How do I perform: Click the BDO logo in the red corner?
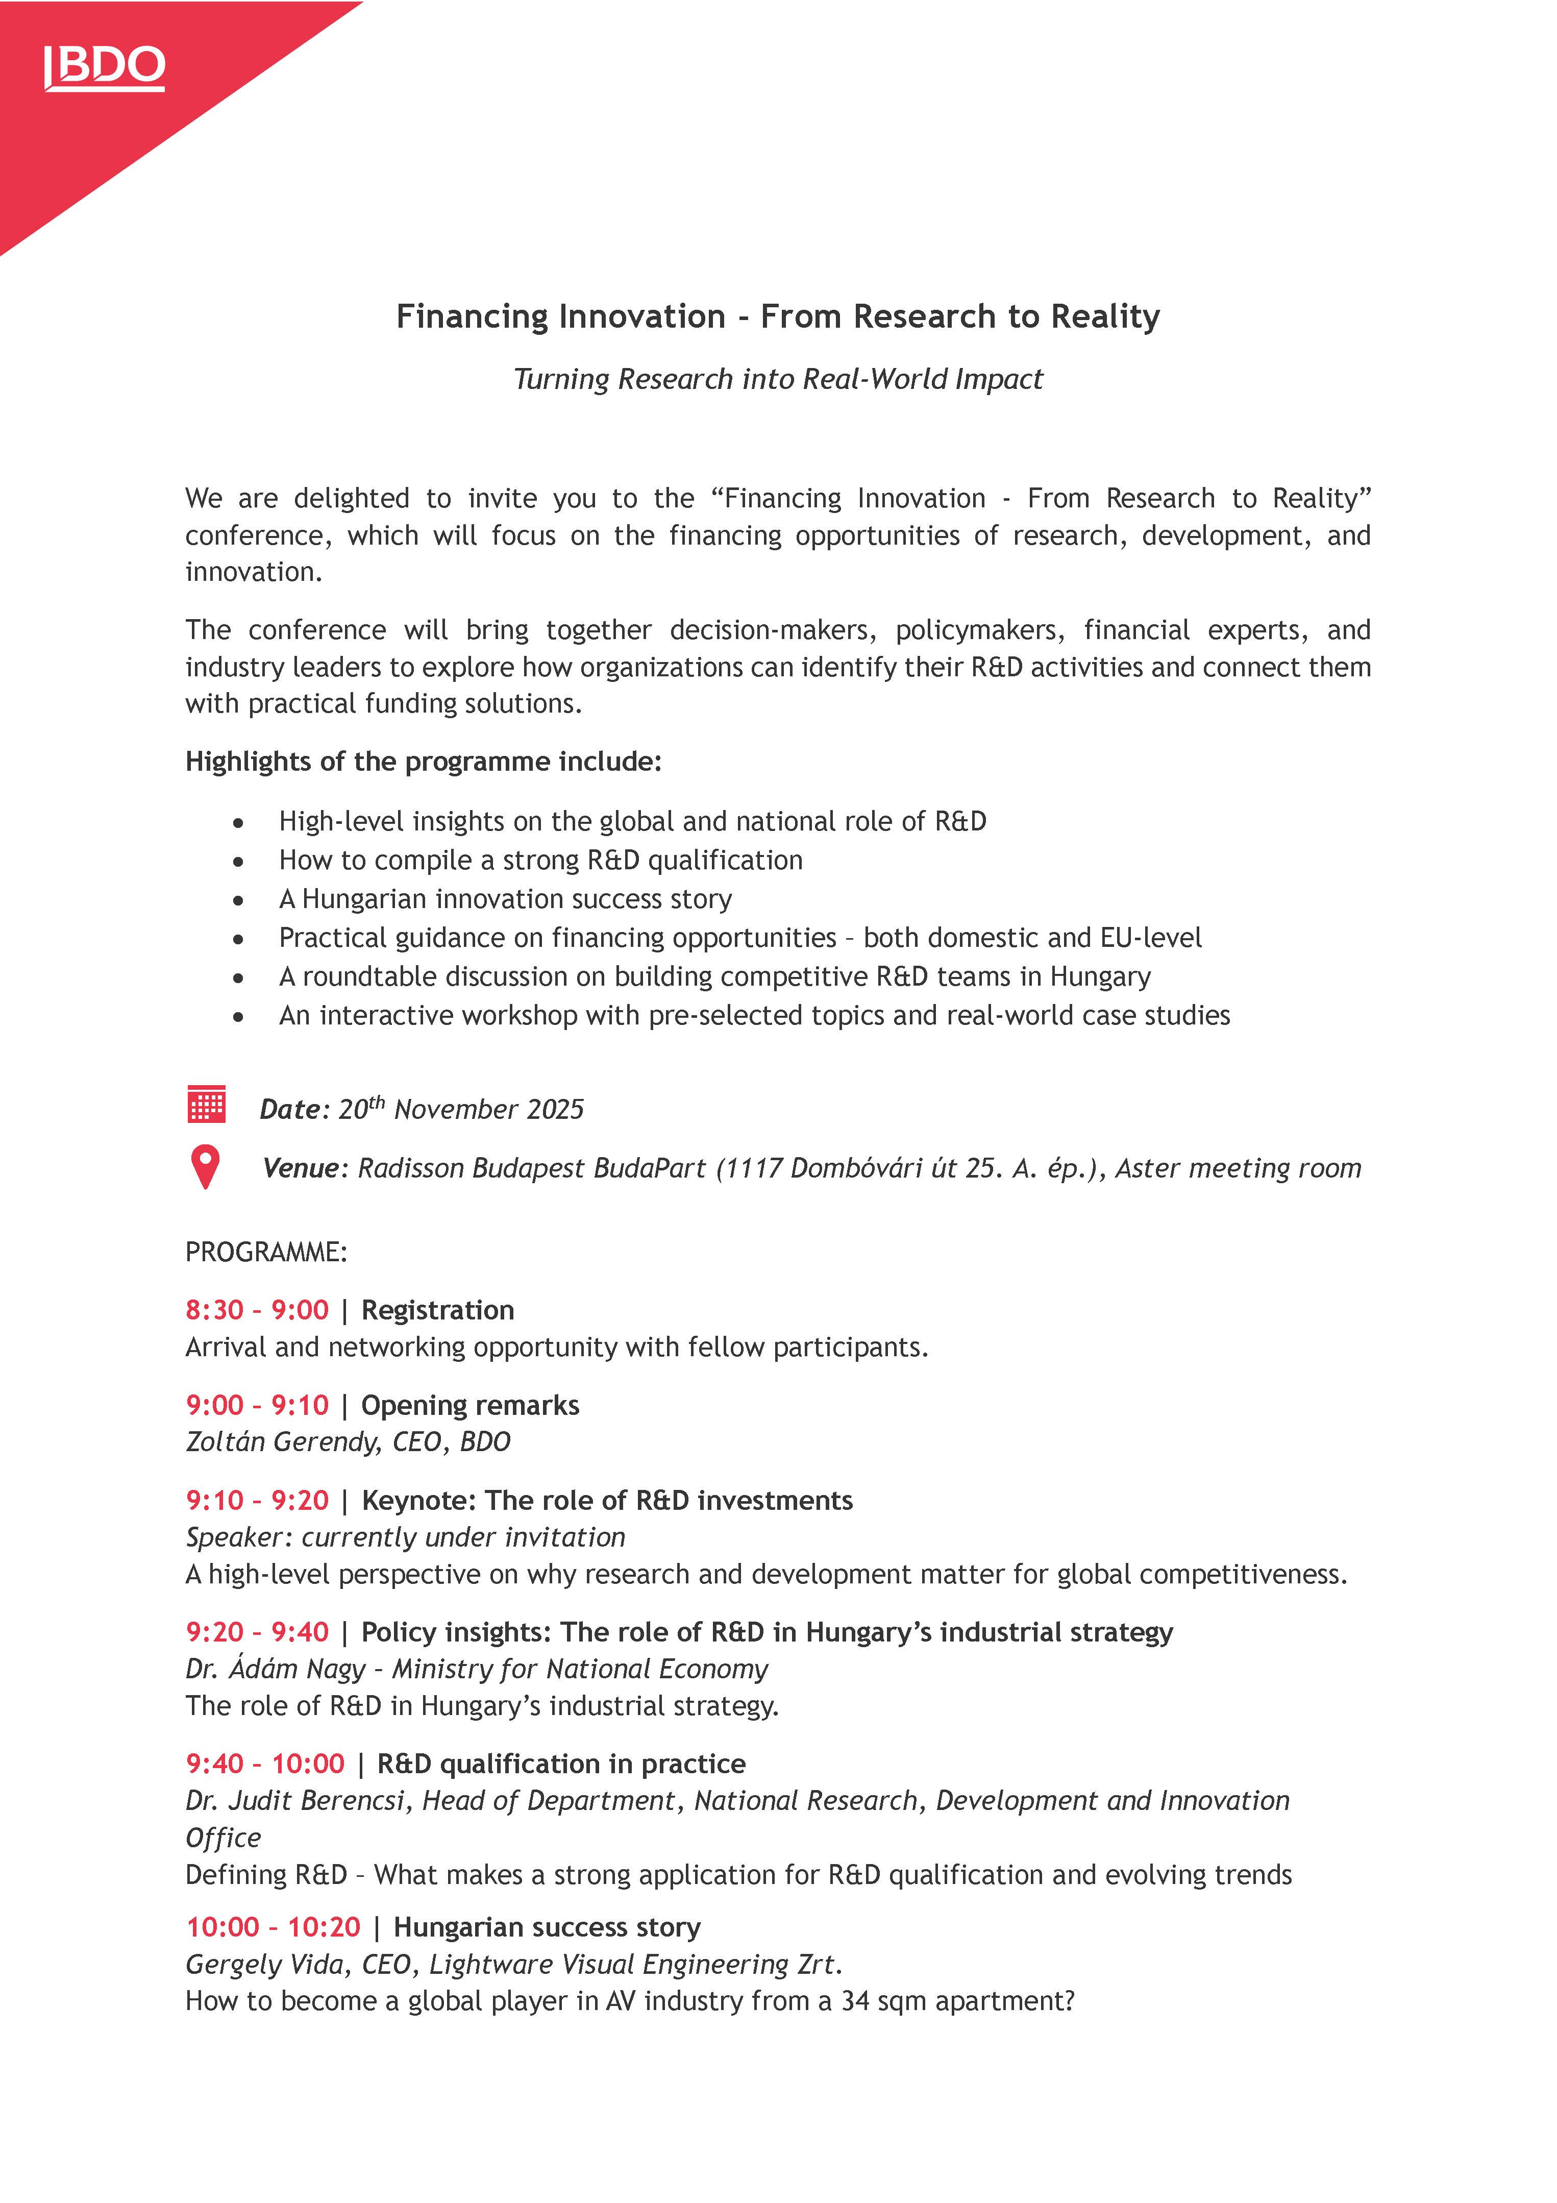click(105, 67)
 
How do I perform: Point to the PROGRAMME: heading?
click(266, 1252)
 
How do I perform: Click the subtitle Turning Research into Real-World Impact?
click(778, 379)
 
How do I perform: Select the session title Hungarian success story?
click(547, 1927)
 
